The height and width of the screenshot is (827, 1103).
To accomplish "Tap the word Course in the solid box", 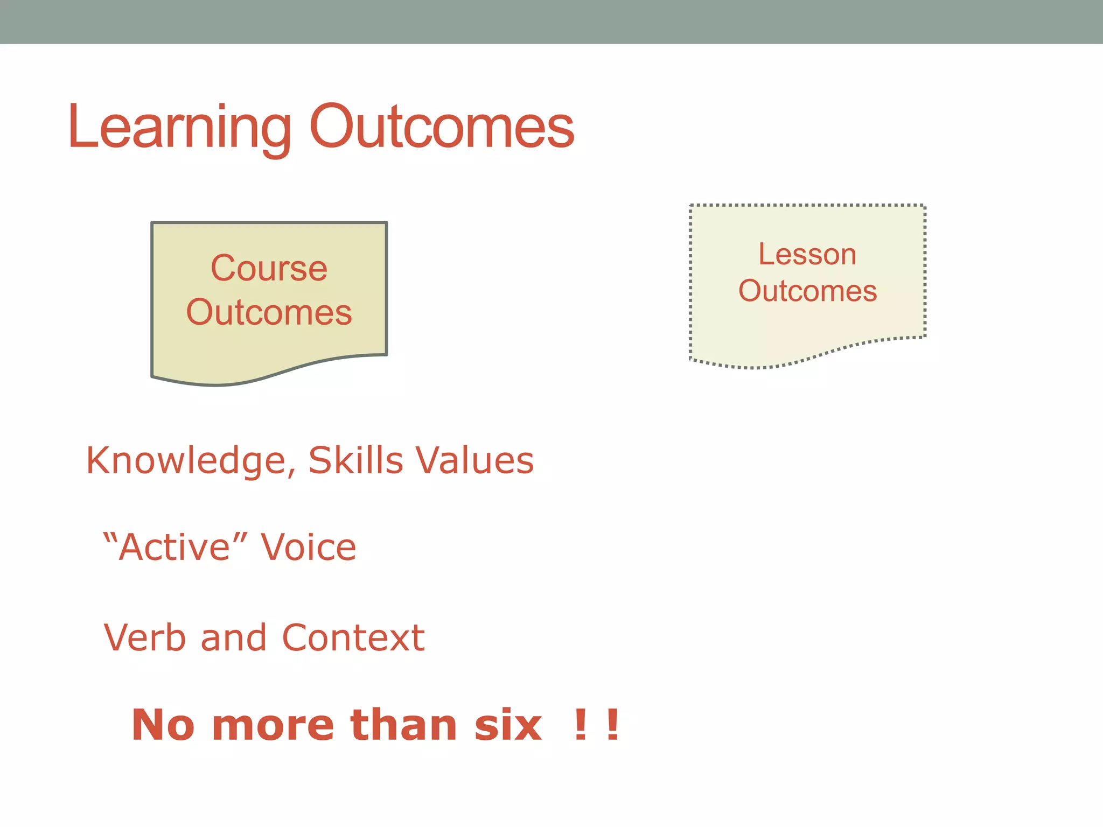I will (x=269, y=268).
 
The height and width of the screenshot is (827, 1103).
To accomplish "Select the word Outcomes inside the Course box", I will (x=269, y=312).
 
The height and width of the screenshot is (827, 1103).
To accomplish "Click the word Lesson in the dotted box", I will (x=807, y=254).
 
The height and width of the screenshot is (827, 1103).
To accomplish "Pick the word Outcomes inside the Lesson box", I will (x=807, y=291).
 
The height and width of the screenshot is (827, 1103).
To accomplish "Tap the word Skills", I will (x=355, y=461).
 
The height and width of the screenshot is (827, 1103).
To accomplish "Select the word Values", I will (x=475, y=461).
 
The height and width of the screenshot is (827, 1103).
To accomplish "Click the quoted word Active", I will (x=175, y=548).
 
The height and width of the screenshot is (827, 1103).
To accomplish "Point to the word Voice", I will (x=309, y=548).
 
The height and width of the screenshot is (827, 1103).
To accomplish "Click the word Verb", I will (x=144, y=638).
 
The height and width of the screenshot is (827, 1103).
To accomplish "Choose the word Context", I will (x=353, y=638).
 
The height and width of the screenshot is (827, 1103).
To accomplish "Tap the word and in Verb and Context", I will (x=234, y=638).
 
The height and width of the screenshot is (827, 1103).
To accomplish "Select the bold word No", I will (x=163, y=725).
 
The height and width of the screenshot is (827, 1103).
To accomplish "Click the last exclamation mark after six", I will (x=612, y=725).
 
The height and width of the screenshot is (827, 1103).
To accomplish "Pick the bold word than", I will (x=404, y=725).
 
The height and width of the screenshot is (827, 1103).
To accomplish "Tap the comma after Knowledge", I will (x=291, y=473).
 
